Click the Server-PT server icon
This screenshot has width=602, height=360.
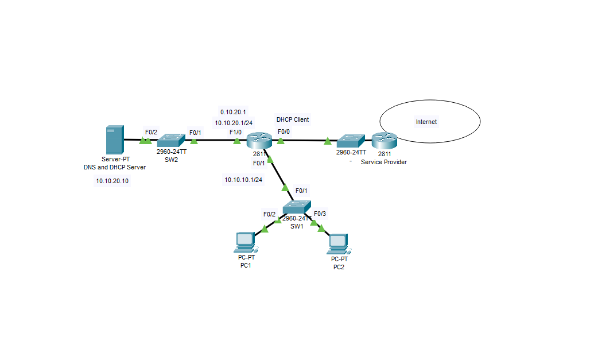(x=114, y=140)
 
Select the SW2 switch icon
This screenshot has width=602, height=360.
(x=171, y=140)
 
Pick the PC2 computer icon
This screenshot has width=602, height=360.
(x=339, y=244)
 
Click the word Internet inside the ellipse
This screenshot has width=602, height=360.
(x=426, y=122)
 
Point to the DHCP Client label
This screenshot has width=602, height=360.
(x=293, y=119)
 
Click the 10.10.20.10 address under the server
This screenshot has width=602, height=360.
(x=112, y=181)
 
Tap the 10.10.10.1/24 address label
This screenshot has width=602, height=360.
(x=243, y=180)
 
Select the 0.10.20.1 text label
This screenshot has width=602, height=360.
(x=233, y=111)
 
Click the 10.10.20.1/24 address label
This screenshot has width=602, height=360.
(x=234, y=122)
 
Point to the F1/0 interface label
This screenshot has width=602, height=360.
(x=235, y=133)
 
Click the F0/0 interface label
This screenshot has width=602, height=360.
(x=283, y=132)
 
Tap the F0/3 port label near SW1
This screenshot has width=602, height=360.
(x=320, y=214)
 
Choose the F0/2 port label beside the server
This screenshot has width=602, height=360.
(x=151, y=132)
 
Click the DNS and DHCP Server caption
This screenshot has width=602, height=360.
(x=114, y=167)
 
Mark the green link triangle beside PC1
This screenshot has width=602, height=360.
(x=265, y=229)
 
